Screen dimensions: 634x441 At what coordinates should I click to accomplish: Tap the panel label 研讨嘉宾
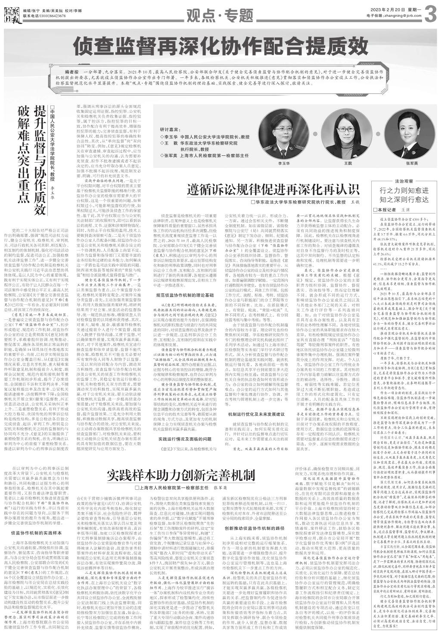[168, 128]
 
